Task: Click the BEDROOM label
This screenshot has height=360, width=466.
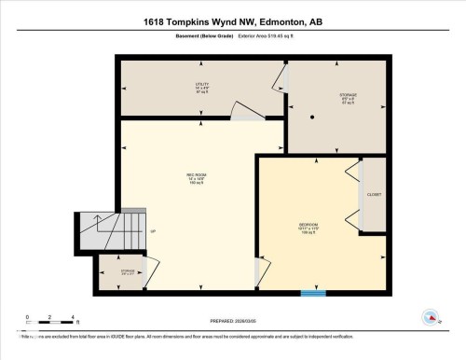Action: click(308, 227)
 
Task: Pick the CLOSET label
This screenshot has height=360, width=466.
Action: click(374, 195)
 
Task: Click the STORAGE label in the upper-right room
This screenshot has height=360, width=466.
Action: click(322, 96)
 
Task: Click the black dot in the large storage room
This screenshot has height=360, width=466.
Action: click(313, 116)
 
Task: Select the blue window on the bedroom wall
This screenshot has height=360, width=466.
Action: click(313, 293)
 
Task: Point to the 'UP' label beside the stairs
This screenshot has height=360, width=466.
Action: click(152, 232)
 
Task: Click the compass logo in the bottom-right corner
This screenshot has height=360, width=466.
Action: click(431, 317)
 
